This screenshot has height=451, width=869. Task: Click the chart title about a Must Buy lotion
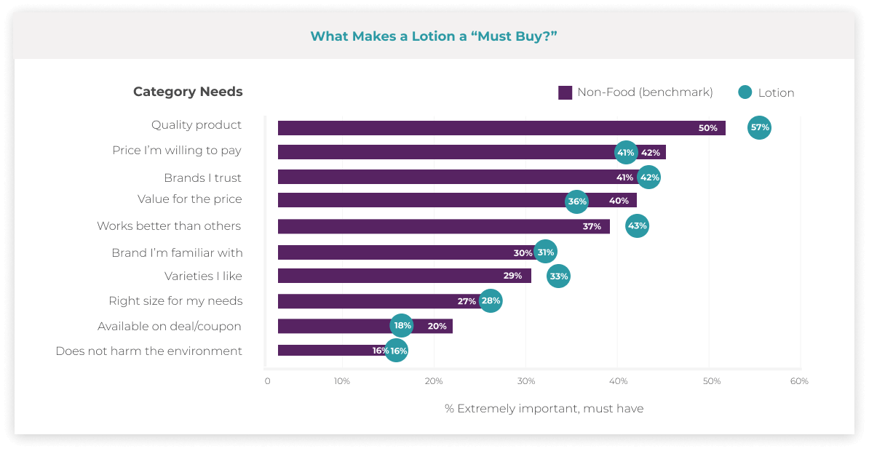point(434,36)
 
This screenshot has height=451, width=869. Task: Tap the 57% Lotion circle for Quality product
point(759,127)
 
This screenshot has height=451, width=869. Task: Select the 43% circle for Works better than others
point(637,225)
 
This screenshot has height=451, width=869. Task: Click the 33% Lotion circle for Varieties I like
point(558,276)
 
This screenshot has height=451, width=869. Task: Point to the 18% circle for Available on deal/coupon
point(402,326)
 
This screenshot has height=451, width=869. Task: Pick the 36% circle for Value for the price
point(577,201)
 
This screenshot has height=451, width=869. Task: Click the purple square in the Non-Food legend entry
point(565,92)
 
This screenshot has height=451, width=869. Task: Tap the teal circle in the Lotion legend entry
point(745,92)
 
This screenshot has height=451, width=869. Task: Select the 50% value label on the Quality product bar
point(707,128)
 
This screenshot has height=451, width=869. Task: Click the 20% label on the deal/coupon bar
point(437,326)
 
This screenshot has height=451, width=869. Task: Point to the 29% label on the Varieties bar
point(512,276)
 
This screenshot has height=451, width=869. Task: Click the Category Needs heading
point(188,92)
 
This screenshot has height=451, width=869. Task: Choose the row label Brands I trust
point(202,177)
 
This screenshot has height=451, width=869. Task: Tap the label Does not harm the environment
point(148,351)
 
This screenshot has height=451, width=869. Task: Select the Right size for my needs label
point(175,300)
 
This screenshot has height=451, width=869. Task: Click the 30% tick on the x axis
point(525,381)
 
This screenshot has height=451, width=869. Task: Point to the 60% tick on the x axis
point(799,381)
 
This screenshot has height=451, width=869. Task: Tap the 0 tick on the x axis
point(267,381)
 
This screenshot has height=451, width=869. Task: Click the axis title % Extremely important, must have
point(544,408)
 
